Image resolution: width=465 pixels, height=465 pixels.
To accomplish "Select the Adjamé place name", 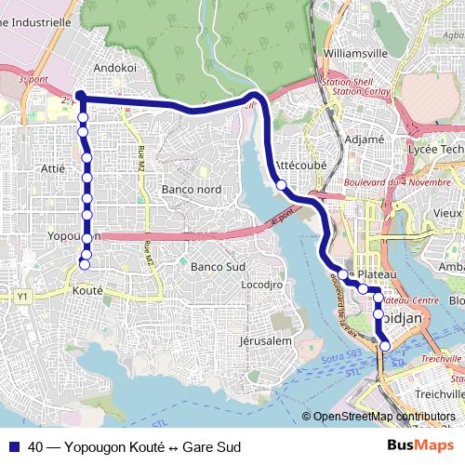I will tap(365, 139).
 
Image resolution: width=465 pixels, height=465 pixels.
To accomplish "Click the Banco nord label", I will tap(192, 190).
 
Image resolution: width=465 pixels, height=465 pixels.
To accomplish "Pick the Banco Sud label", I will tap(216, 267).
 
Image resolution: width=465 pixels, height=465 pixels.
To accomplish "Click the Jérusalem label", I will tap(266, 341).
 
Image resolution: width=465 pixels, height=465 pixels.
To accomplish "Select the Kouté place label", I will tap(86, 291).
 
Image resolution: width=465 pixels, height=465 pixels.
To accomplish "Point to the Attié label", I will tap(53, 168).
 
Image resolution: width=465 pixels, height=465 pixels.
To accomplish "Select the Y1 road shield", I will tap(23, 297).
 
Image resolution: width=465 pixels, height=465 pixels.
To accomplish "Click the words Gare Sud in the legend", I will tap(211, 447).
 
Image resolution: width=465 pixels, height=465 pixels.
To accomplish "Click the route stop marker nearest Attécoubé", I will tap(281, 185).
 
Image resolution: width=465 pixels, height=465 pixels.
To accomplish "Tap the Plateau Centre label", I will tap(410, 300).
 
